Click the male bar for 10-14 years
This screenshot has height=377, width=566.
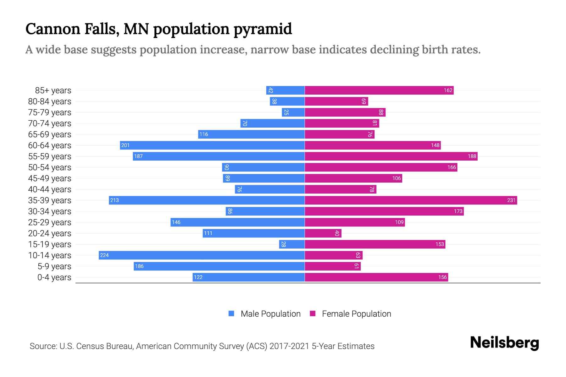point(201,255)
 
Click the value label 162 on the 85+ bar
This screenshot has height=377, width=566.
point(448,90)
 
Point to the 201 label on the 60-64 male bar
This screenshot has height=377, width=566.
point(125,145)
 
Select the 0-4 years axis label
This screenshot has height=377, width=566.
point(54,277)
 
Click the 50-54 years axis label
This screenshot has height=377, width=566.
point(50,167)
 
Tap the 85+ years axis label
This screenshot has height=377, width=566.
point(53,90)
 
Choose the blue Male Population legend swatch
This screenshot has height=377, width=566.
point(231,314)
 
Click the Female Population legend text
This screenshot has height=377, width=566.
point(356,314)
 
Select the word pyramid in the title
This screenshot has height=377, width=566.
point(263,29)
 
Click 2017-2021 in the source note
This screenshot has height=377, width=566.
point(289,346)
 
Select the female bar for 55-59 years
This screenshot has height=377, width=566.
point(391,156)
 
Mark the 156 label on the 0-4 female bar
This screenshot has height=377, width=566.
point(442,277)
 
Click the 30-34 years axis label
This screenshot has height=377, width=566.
point(50,211)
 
